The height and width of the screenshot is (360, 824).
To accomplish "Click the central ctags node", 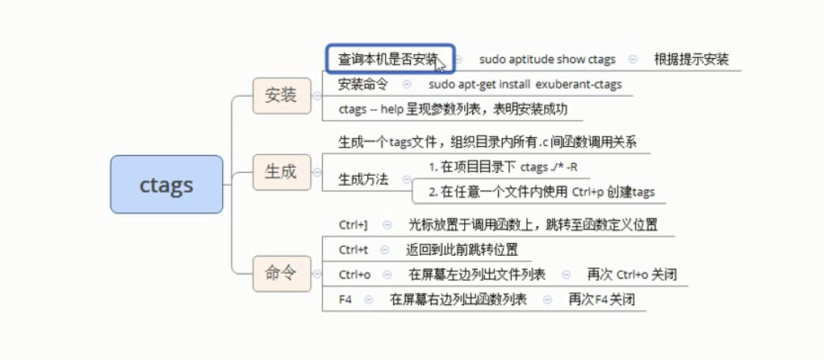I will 166,184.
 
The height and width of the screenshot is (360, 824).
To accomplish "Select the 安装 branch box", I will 281,95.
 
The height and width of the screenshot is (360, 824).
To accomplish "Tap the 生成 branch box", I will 281,171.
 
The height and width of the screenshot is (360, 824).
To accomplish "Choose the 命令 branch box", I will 281,273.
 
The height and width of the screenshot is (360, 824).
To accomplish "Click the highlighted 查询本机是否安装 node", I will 390,59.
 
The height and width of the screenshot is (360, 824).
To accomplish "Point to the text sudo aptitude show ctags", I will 547,59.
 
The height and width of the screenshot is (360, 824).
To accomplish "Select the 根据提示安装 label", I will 692,59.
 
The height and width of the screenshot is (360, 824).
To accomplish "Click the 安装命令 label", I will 363,84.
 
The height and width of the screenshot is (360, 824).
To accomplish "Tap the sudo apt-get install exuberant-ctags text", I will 525,84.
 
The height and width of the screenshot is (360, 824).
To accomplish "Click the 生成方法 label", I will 363,180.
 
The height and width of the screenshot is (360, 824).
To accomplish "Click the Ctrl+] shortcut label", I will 353,224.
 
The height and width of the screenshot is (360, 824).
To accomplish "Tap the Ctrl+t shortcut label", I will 353,249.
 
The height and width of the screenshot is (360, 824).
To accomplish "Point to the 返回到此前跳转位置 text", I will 462,249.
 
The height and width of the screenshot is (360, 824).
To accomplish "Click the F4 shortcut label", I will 345,299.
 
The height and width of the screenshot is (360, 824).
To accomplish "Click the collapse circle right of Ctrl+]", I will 387,224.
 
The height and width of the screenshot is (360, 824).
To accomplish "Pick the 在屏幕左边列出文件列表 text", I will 477,274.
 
